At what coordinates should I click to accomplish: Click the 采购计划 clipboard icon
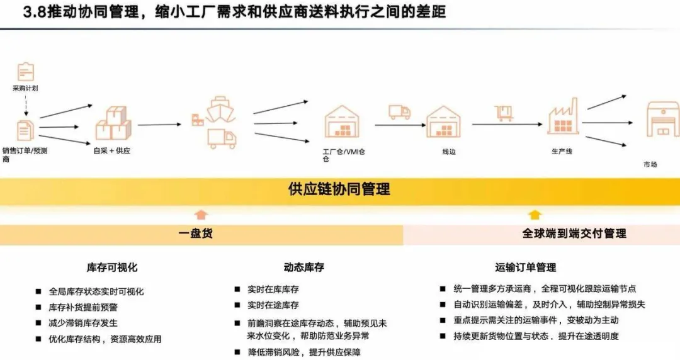coord(26,71)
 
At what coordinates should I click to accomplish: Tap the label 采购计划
coord(25,89)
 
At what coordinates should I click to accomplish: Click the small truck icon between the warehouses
coord(399,112)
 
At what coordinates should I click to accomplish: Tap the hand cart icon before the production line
coord(504,112)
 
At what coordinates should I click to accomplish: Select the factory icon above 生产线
coord(562,116)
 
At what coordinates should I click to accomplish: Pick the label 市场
coord(650,164)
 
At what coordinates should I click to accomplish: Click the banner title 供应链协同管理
coord(339,189)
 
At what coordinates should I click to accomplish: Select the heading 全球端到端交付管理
coord(574,233)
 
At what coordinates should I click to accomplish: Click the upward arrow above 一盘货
coord(200,215)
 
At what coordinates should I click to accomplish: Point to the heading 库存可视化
coord(112,267)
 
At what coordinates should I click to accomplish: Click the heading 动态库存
coord(303,267)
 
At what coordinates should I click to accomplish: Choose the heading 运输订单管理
coord(526,267)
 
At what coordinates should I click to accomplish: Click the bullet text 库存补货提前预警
coord(83,307)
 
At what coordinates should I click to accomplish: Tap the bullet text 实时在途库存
coord(273,305)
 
